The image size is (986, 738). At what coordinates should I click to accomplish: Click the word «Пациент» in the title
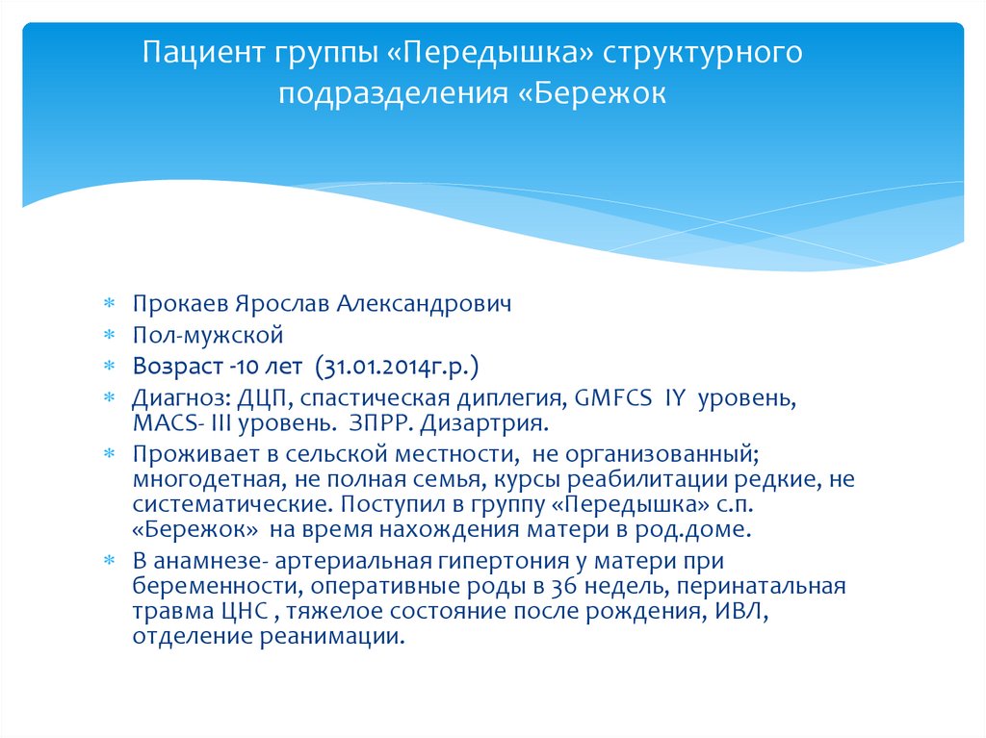[199, 51]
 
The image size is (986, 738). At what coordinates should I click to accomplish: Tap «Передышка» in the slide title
[491, 51]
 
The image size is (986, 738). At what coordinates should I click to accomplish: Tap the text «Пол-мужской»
[208, 336]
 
